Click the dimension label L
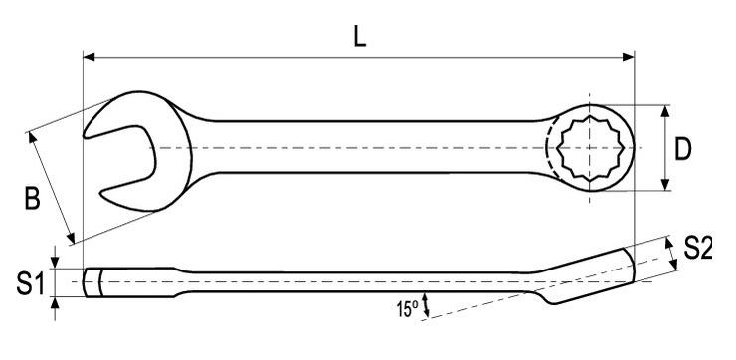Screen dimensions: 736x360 coord(360,37)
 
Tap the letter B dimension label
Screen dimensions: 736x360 coord(33,198)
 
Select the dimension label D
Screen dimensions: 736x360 coord(683,150)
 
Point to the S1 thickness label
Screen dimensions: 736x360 coord(31,284)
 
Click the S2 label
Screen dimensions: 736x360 coord(698,248)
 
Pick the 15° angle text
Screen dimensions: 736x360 coord(407,309)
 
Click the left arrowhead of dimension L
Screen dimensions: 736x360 coord(89,57)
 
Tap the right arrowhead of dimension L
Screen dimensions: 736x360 coord(629,57)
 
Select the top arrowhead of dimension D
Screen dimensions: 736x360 coord(665,111)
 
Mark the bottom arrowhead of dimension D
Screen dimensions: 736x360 coord(665,185)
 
